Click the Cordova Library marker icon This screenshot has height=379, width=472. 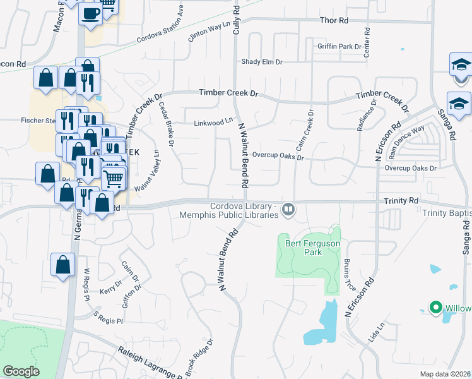[x=288, y=208]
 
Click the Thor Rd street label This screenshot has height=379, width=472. [x=334, y=21]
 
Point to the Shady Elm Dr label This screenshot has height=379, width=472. [x=262, y=62]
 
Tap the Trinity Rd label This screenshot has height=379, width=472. [x=401, y=200]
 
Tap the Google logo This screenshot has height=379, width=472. [x=21, y=371]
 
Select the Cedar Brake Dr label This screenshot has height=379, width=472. [x=166, y=124]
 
